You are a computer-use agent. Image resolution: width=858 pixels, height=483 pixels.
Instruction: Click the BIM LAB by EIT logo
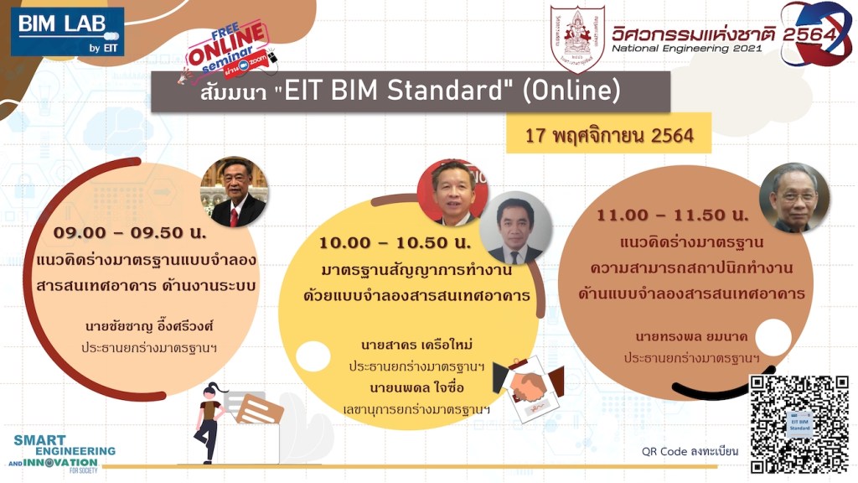click(67, 32)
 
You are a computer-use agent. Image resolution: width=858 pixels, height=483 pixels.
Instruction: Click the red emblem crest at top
click(577, 39)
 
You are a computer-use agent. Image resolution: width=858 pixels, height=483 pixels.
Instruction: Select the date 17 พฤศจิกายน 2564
click(609, 134)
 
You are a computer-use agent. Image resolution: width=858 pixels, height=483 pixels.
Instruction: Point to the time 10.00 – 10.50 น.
click(395, 243)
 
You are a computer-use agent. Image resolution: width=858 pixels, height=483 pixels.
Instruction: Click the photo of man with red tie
click(233, 192)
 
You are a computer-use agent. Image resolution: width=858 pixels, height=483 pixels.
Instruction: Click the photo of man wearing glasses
click(793, 198)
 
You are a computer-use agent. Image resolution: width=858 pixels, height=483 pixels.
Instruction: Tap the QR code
click(799, 423)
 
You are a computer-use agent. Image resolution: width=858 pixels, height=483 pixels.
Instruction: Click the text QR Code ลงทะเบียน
click(690, 451)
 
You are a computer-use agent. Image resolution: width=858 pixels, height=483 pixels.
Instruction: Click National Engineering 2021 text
click(686, 49)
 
